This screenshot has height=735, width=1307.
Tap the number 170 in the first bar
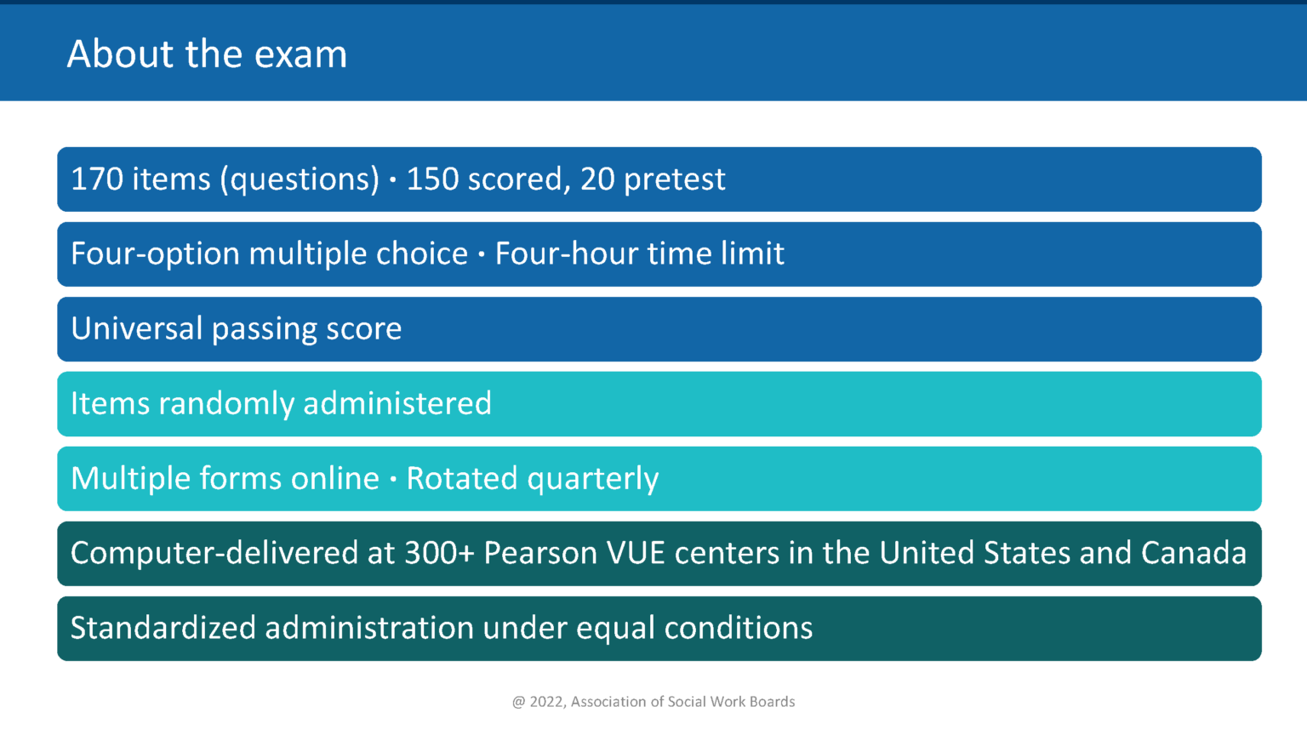coord(97,179)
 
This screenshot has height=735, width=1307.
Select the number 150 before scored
coord(432,179)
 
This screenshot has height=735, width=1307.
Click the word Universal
coord(136,329)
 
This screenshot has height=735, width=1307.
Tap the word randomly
coord(226,404)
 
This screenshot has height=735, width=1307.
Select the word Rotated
coord(462,479)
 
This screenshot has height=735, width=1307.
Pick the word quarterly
coord(593,480)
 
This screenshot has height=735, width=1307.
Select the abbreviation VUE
coord(635,554)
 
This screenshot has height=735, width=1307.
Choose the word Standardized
coord(163,629)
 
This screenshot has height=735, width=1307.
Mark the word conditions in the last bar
coord(738,629)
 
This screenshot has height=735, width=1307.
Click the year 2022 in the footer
coord(546,702)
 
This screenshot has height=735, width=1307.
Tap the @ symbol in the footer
coord(518,703)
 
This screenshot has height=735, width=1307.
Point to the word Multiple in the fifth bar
coord(130,479)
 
